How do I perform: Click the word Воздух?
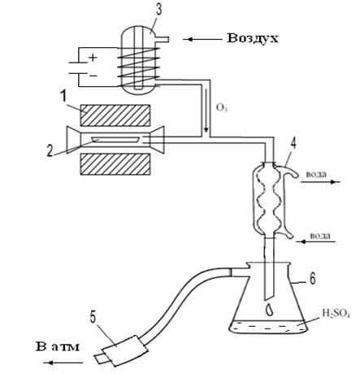(253, 38)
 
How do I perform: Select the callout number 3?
(158, 9)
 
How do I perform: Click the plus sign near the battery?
(93, 58)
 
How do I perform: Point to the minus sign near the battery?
(93, 76)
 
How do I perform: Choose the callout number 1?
(63, 97)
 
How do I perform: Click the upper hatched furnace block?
(115, 115)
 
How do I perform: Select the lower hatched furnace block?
(115, 164)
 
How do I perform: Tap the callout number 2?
(50, 150)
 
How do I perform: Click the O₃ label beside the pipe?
(222, 108)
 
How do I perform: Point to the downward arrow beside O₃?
(206, 111)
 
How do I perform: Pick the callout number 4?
(293, 143)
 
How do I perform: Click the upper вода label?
(316, 174)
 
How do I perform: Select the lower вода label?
(320, 236)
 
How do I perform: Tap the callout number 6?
(312, 278)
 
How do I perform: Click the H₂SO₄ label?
(336, 314)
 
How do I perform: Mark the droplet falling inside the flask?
(270, 310)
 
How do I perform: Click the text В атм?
(58, 346)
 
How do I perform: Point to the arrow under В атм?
(63, 363)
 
